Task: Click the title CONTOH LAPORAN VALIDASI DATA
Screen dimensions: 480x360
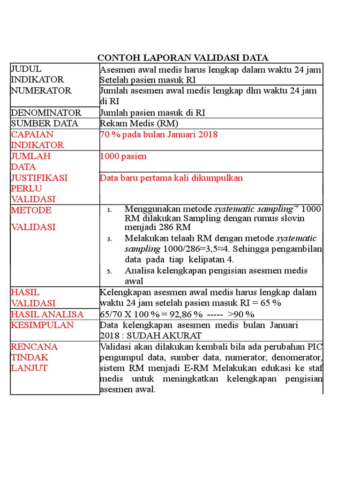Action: pyautogui.click(x=183, y=58)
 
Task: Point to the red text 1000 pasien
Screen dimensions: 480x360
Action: pyautogui.click(x=123, y=156)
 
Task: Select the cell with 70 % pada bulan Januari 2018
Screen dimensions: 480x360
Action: pyautogui.click(x=158, y=135)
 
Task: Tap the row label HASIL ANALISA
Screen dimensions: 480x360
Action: pyautogui.click(x=47, y=314)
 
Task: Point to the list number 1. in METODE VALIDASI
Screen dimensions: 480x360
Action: pyautogui.click(x=109, y=210)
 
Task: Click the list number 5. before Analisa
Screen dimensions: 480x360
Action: pyautogui.click(x=109, y=271)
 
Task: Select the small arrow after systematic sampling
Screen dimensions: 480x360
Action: pyautogui.click(x=296, y=207)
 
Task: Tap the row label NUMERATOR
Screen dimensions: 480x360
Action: pyautogui.click(x=41, y=90)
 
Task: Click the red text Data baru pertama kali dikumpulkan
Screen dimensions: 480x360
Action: pyautogui.click(x=171, y=178)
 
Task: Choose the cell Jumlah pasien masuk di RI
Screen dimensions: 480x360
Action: pyautogui.click(x=152, y=112)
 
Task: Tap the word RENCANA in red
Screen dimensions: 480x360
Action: pyautogui.click(x=34, y=347)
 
